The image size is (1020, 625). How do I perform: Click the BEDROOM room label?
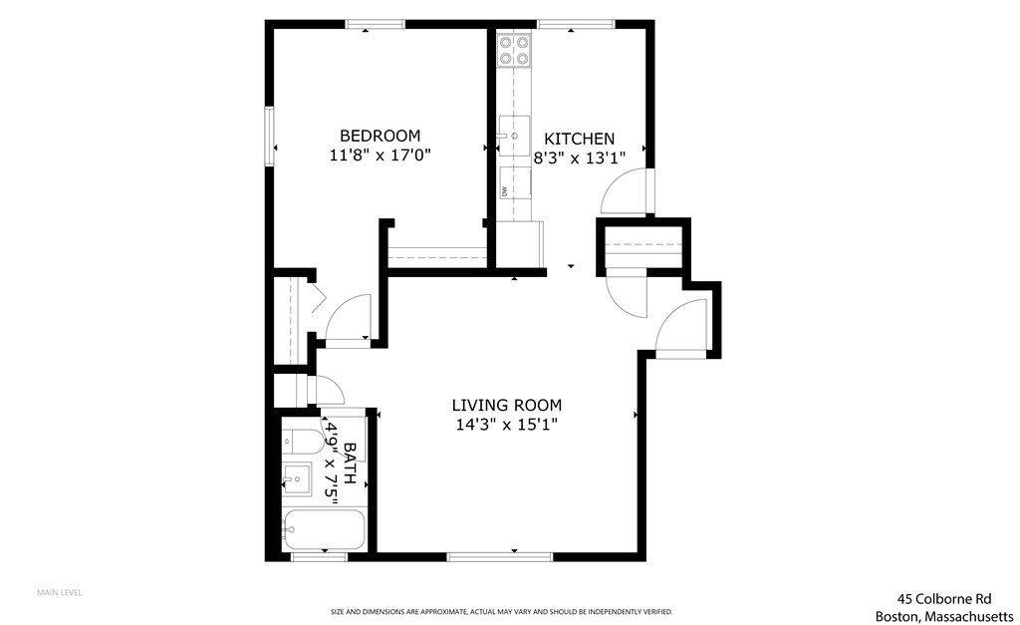pos(380,136)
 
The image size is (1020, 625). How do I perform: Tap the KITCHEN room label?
pos(578,139)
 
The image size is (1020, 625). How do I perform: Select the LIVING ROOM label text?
pos(506,405)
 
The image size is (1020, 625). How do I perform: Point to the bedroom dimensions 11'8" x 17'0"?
pos(380,156)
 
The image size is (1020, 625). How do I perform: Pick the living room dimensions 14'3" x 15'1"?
pos(506,425)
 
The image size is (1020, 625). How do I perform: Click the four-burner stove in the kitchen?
pos(514,50)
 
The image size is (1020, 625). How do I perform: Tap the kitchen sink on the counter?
pos(513,136)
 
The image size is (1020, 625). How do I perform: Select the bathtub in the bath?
pos(324,528)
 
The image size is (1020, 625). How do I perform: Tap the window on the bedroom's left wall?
pos(269,136)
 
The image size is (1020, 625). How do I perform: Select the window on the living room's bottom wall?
pos(498,555)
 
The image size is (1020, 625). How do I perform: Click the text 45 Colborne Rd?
pos(943,599)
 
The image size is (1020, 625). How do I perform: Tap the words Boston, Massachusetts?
pos(943,616)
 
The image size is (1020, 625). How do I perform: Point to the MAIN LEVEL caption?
pos(60,592)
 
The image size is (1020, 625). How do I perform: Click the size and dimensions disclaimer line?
pos(501,611)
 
